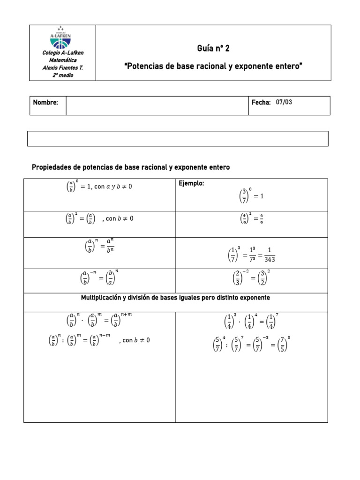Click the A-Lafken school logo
(x=62, y=38)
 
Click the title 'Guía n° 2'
(x=213, y=49)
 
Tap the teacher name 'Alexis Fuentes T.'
(x=62, y=67)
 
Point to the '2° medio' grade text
(x=62, y=75)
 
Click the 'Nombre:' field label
(x=45, y=103)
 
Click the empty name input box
(x=157, y=105)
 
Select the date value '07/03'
(x=284, y=102)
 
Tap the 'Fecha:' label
(x=261, y=102)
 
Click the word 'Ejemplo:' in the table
(x=192, y=184)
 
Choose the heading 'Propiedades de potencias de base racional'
(x=130, y=167)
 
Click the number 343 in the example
(x=270, y=259)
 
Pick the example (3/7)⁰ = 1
(x=251, y=195)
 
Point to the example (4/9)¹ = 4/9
(x=251, y=219)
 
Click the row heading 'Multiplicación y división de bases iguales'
(x=175, y=298)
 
